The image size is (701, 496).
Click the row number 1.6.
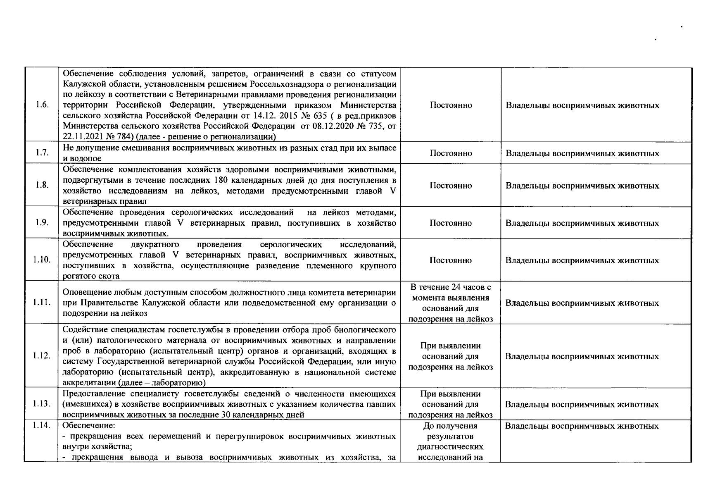42,105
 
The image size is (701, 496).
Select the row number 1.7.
42,153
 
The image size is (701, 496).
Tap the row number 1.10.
42,260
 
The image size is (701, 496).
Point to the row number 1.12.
42,356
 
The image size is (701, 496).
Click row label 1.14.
42,425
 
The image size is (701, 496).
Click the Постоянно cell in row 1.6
451,105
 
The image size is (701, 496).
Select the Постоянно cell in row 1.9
451,223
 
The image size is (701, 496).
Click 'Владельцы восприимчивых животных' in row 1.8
582,186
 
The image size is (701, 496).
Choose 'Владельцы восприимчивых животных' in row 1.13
582,404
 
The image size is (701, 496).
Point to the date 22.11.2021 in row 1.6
83,136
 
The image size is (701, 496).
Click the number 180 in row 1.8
223,180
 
